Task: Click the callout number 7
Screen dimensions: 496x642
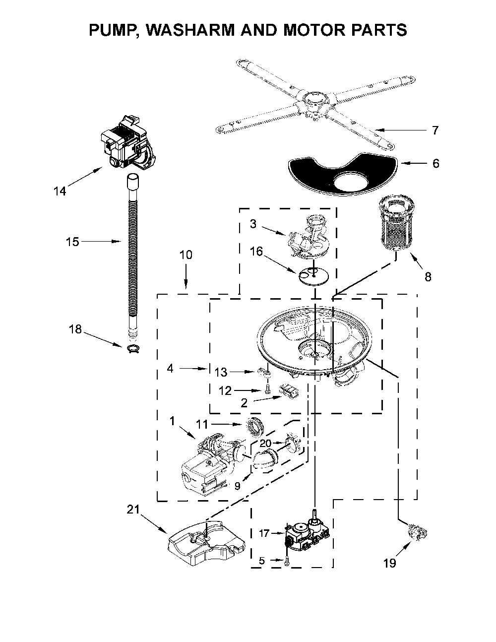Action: [435, 130]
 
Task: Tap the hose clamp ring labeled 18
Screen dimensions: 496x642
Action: [133, 348]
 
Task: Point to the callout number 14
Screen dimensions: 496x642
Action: [60, 191]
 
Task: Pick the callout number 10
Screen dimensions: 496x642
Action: [186, 255]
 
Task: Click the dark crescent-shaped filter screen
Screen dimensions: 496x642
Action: [343, 176]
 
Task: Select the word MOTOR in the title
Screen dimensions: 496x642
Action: [316, 30]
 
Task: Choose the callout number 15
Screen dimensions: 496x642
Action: [72, 242]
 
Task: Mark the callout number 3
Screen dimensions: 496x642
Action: [253, 224]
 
